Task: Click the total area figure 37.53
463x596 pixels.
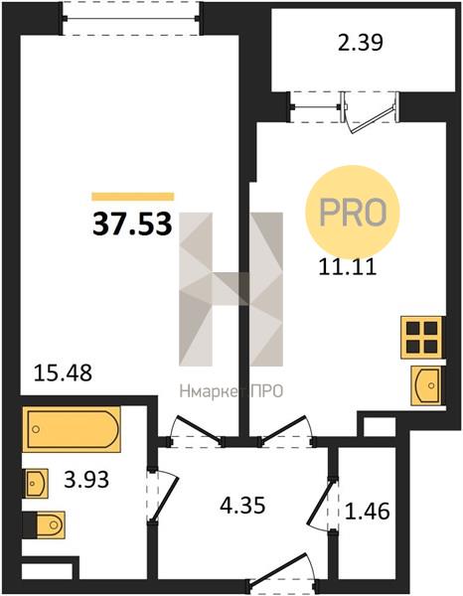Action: click(133, 223)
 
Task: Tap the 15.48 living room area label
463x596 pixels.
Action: click(64, 372)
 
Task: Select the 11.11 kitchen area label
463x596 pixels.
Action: click(348, 267)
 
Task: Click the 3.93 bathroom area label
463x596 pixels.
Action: click(86, 480)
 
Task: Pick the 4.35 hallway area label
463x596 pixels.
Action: click(242, 506)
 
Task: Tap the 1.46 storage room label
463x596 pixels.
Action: click(368, 511)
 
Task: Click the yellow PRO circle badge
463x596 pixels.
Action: click(353, 211)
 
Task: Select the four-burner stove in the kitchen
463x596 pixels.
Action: click(422, 337)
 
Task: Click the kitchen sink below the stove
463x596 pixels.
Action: click(426, 385)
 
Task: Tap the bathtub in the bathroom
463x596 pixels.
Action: click(72, 429)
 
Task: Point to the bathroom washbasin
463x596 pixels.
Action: click(36, 483)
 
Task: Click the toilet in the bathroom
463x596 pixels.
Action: click(44, 524)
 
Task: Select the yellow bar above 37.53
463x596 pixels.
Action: click(133, 197)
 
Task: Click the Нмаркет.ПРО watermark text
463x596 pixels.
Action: click(231, 391)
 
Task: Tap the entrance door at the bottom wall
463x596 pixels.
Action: click(282, 573)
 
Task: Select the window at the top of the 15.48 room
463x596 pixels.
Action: click(131, 18)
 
